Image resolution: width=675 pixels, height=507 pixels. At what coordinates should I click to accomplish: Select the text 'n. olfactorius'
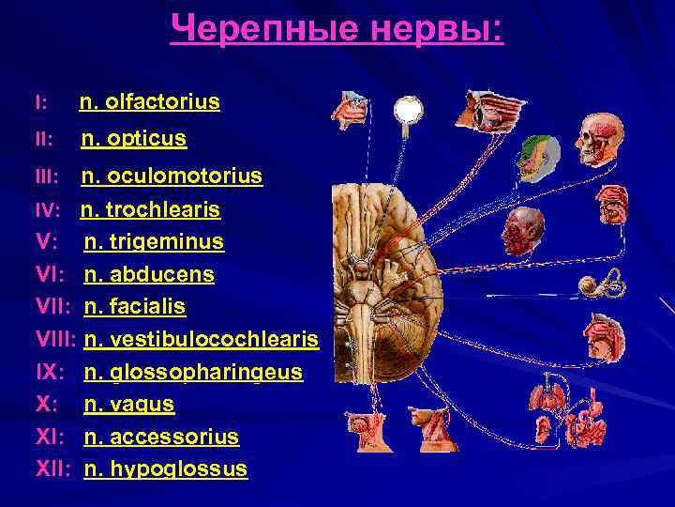149,101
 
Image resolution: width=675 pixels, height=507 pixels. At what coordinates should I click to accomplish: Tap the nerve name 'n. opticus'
134,139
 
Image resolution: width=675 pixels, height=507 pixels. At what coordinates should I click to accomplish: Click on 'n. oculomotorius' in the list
172,177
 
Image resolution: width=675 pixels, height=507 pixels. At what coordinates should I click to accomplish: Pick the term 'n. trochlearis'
151,209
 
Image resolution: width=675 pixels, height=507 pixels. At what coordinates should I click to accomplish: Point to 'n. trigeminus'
154,242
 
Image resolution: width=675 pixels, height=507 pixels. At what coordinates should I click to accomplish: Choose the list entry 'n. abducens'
149,275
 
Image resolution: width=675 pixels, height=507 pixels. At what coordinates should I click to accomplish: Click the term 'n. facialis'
135,307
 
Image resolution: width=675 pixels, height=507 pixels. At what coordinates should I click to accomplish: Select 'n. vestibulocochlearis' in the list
202,339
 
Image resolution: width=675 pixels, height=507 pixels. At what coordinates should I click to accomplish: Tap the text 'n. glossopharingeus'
193,372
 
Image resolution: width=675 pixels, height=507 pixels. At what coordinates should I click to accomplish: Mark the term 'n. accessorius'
161,437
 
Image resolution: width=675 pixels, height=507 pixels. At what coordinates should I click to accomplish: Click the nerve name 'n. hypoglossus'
166,469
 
